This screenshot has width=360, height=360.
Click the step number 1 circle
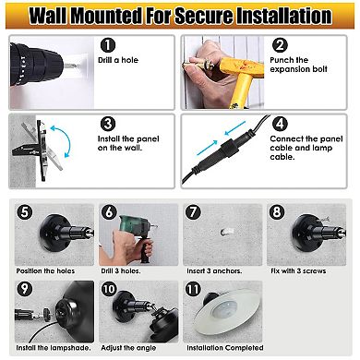[x=108, y=45]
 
